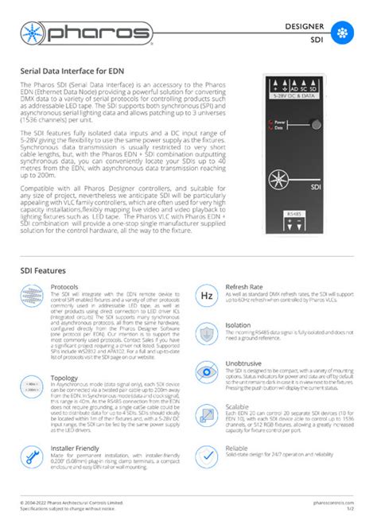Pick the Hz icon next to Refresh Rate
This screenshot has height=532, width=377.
[x=206, y=296]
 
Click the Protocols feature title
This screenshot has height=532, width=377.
[x=64, y=286]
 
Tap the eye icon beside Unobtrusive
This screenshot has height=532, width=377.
[x=206, y=372]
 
